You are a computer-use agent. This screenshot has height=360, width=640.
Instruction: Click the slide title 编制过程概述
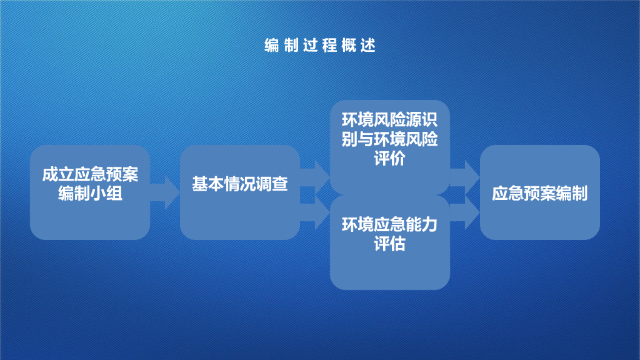319,46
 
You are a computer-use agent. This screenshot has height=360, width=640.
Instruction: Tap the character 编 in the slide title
272,46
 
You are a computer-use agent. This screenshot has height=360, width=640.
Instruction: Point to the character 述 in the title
368,46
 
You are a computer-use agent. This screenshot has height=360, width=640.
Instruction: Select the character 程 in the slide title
329,46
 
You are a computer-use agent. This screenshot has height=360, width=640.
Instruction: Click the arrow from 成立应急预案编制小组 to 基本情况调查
165,192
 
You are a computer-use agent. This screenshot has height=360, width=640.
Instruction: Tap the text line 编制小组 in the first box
90,194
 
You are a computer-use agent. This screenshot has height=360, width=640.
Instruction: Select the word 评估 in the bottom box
390,244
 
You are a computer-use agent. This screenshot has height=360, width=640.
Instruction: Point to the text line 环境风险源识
390,120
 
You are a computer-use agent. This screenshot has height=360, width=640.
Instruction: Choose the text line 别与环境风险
390,139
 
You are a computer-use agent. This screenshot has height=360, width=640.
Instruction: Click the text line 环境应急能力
390,224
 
